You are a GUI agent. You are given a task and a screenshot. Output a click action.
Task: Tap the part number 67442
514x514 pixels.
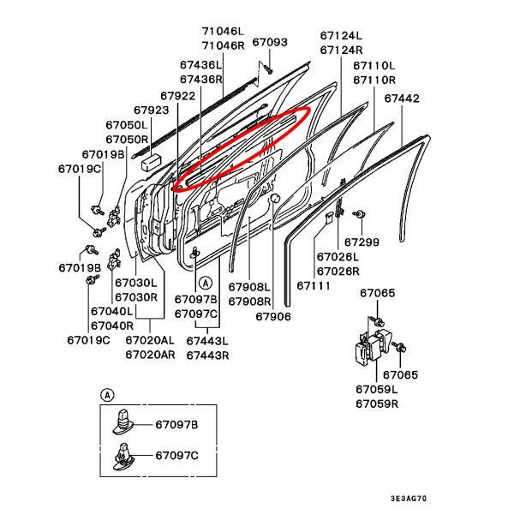tap(401, 99)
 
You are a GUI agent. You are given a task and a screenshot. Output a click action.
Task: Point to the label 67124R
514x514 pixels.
tap(341, 50)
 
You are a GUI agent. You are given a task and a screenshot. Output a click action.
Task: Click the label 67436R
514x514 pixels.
tap(201, 79)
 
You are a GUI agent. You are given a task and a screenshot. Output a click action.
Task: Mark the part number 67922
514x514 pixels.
tap(177, 95)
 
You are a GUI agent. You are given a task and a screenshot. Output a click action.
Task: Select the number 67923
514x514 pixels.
tap(152, 110)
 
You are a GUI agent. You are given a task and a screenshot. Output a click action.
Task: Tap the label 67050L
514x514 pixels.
tap(127, 125)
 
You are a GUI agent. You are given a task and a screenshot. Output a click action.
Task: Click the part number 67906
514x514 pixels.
tap(273, 316)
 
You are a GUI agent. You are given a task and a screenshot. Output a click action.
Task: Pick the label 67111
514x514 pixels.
tap(314, 286)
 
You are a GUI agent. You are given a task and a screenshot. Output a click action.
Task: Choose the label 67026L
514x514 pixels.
tap(338, 257)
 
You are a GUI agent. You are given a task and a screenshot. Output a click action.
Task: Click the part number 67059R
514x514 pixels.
tap(377, 403)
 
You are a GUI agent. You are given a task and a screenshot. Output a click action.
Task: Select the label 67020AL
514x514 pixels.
tap(151, 341)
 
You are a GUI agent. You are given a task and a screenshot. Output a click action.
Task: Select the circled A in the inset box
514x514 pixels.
tap(107, 395)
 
